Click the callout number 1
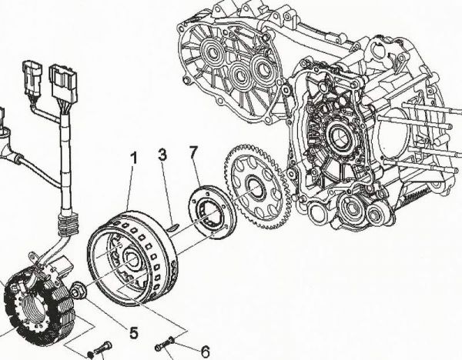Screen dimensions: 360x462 pyautogui.click(x=134, y=158)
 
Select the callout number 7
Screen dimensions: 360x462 pyautogui.click(x=194, y=152)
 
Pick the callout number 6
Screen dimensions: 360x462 pyautogui.click(x=205, y=351)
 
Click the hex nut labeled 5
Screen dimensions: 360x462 pyautogui.click(x=80, y=290)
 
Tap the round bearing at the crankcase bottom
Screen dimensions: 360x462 pyautogui.click(x=350, y=205)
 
